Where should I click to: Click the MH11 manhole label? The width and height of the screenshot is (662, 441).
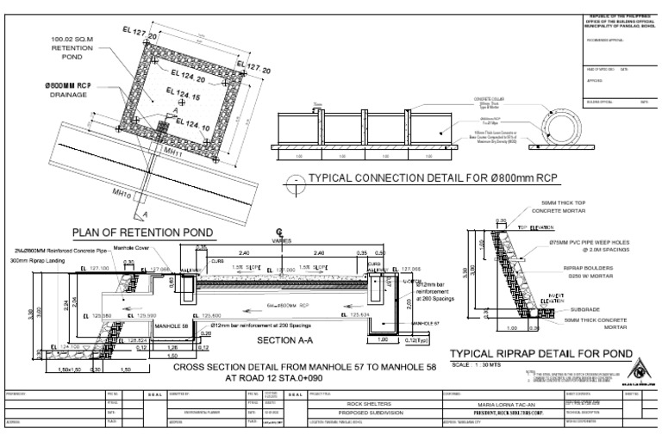click(x=174, y=151)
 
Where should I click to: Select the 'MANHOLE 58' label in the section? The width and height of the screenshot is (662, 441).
click(x=172, y=326)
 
